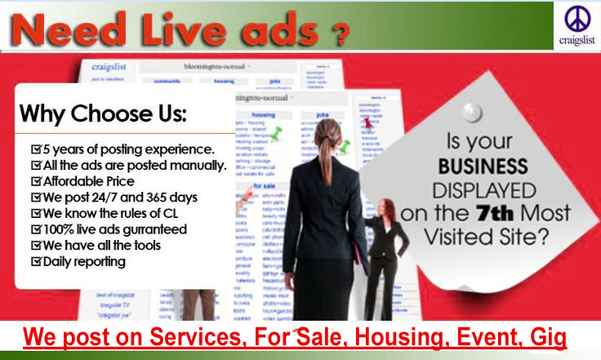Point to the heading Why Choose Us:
tap(103, 113)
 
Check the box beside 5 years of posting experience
tap(35, 150)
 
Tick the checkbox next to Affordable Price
tap(35, 181)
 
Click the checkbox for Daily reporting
tap(35, 261)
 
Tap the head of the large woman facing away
tap(327, 133)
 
